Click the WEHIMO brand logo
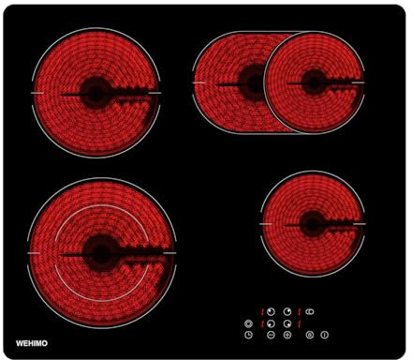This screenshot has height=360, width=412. pyautogui.click(x=32, y=343)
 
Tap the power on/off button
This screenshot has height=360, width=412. pyautogui.click(x=325, y=335)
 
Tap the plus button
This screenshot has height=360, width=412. pyautogui.click(x=287, y=335)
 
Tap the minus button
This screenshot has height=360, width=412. pyautogui.click(x=271, y=335)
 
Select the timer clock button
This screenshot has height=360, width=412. pyautogui.click(x=248, y=335)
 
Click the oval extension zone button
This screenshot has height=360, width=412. pyautogui.click(x=309, y=311)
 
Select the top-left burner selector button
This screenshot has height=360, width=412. pyautogui.click(x=271, y=311)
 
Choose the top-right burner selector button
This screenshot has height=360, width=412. pyautogui.click(x=287, y=311)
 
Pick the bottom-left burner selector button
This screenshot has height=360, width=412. pyautogui.click(x=271, y=323)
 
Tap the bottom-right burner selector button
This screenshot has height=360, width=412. pyautogui.click(x=287, y=323)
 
